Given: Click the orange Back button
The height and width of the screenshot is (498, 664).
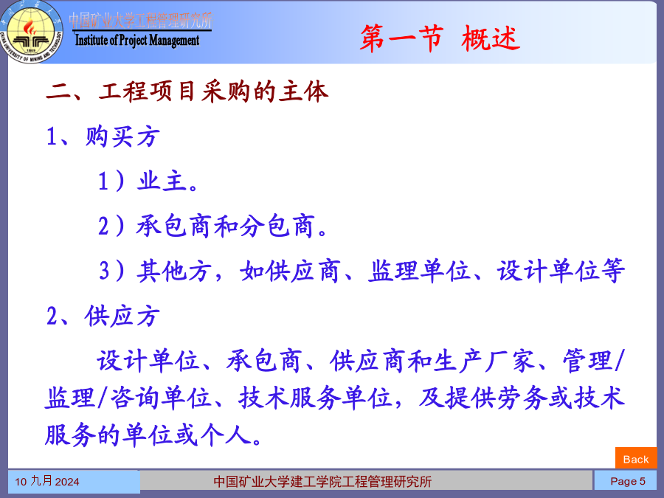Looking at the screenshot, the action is click(x=636, y=459).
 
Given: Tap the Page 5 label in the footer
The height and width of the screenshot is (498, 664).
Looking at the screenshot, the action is click(x=628, y=482).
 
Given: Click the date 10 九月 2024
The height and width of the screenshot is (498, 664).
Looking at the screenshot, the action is click(x=47, y=482).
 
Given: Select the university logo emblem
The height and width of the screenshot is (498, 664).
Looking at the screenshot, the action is click(x=32, y=32).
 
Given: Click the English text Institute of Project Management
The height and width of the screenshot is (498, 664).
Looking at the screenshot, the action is click(x=136, y=41).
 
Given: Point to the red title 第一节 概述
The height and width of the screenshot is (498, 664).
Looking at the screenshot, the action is click(x=440, y=38).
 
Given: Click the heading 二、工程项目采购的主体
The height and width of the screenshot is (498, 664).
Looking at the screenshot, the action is click(x=187, y=91).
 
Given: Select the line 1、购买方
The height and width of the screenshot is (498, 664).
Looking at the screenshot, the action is click(x=103, y=136).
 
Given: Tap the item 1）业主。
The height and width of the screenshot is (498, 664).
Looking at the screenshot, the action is click(x=148, y=181).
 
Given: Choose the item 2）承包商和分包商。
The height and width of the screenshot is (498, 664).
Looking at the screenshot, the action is click(x=213, y=226).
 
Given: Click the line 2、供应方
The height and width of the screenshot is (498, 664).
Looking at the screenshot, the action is click(x=103, y=316).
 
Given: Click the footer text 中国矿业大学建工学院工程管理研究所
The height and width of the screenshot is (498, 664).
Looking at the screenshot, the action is click(x=322, y=482).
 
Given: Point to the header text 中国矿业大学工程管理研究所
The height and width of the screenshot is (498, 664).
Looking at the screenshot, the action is click(x=141, y=21).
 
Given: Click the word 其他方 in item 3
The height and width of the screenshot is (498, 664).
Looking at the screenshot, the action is click(x=173, y=271).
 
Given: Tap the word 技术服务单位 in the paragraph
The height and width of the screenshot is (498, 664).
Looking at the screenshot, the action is click(x=316, y=398).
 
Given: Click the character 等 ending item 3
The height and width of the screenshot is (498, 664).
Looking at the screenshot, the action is click(x=612, y=271).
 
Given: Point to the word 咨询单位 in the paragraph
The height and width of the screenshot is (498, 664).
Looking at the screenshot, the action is click(x=161, y=398).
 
